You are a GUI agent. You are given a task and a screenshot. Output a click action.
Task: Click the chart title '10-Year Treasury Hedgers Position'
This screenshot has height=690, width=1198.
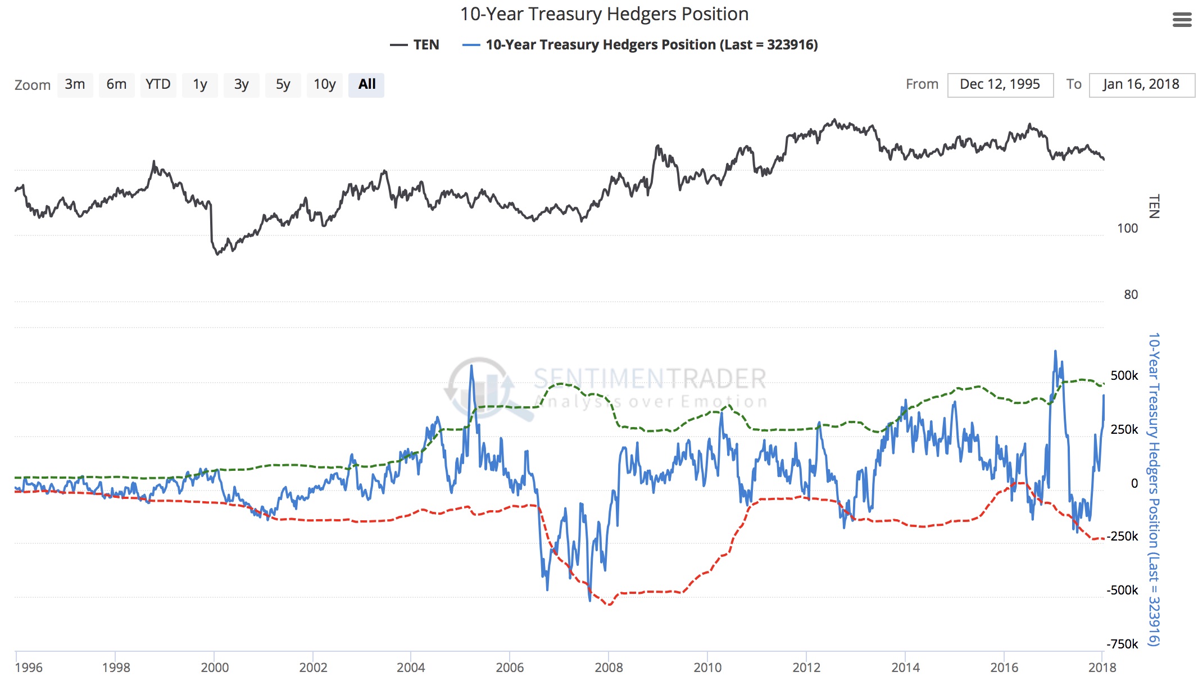click(x=604, y=14)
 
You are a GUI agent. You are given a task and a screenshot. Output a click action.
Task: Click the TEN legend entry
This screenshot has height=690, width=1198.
click(x=415, y=45)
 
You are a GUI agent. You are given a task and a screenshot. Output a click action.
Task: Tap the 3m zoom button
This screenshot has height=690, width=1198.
click(x=75, y=85)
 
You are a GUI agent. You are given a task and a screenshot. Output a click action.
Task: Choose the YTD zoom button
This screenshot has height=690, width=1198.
click(x=158, y=85)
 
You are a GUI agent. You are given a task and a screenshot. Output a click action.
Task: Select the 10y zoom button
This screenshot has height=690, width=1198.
click(x=324, y=85)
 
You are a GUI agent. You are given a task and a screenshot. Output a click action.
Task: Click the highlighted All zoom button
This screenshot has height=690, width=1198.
click(x=366, y=85)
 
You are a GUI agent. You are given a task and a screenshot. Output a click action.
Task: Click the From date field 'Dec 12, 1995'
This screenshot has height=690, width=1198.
click(x=1000, y=85)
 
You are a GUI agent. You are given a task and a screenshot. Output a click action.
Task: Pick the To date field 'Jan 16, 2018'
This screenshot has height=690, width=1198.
click(x=1141, y=85)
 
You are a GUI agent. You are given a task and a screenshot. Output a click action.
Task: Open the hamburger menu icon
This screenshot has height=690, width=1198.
click(x=1182, y=20)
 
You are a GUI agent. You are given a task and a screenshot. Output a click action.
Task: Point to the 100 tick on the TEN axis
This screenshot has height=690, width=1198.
click(x=1127, y=229)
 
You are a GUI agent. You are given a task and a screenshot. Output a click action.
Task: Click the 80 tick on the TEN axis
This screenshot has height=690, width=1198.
click(x=1131, y=295)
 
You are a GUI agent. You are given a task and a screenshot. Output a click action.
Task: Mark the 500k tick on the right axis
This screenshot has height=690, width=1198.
click(x=1124, y=376)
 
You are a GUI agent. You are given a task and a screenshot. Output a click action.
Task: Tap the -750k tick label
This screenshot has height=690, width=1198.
click(x=1122, y=644)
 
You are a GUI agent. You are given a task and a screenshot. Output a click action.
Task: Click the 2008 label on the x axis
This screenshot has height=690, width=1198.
click(x=609, y=668)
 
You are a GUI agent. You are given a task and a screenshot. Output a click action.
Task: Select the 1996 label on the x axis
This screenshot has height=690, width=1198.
click(x=28, y=668)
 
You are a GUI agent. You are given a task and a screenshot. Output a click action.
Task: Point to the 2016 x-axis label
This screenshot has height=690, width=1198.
click(x=1004, y=668)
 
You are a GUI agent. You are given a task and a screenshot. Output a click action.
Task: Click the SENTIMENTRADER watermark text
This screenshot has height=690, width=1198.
click(x=650, y=379)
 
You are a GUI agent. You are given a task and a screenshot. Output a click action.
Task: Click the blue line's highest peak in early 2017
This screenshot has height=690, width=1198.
click(x=1055, y=352)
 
